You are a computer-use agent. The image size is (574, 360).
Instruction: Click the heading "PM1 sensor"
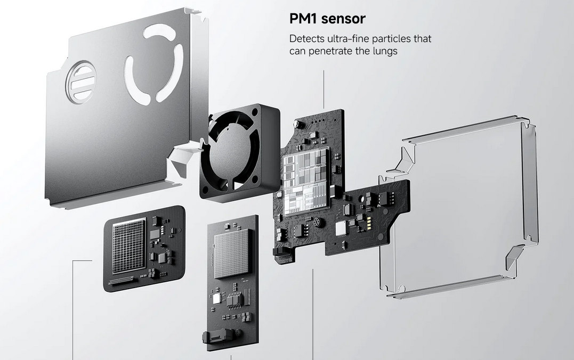coord(327,19)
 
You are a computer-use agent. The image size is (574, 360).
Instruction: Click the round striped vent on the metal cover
coord(81,83)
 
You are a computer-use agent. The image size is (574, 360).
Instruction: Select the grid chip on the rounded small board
coord(129,245)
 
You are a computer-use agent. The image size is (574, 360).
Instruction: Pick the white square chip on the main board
coord(341,228)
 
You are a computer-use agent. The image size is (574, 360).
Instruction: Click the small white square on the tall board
coord(216,299)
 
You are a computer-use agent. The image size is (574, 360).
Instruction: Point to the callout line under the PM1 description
coord(324,89)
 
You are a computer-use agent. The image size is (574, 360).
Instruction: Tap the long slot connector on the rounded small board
coord(121,281)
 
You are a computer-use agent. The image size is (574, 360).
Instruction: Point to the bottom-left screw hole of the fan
coord(205,190)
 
